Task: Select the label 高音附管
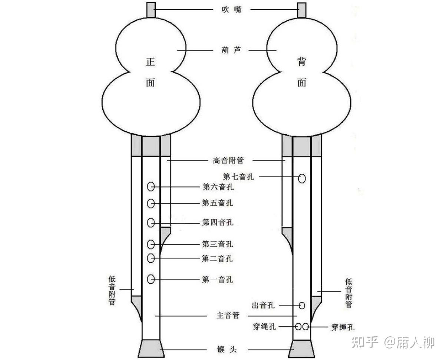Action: tap(228, 161)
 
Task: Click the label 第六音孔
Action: tap(218, 187)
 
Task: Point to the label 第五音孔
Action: tap(218, 203)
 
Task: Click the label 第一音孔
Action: tap(218, 279)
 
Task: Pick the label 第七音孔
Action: tap(238, 177)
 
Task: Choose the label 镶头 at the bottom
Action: tap(227, 349)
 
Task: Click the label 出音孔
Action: tap(263, 305)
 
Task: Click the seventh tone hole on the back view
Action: tap(302, 178)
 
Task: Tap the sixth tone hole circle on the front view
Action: tap(151, 187)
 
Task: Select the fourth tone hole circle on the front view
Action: tap(151, 223)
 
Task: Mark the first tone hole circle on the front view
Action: tap(151, 279)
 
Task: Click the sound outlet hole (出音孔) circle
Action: tap(302, 305)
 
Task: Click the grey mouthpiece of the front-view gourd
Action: tap(151, 10)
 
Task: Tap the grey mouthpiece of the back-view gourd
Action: tap(302, 10)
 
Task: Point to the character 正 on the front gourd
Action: tap(150, 62)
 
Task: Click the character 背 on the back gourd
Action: tap(302, 62)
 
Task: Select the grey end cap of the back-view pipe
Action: tap(302, 349)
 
